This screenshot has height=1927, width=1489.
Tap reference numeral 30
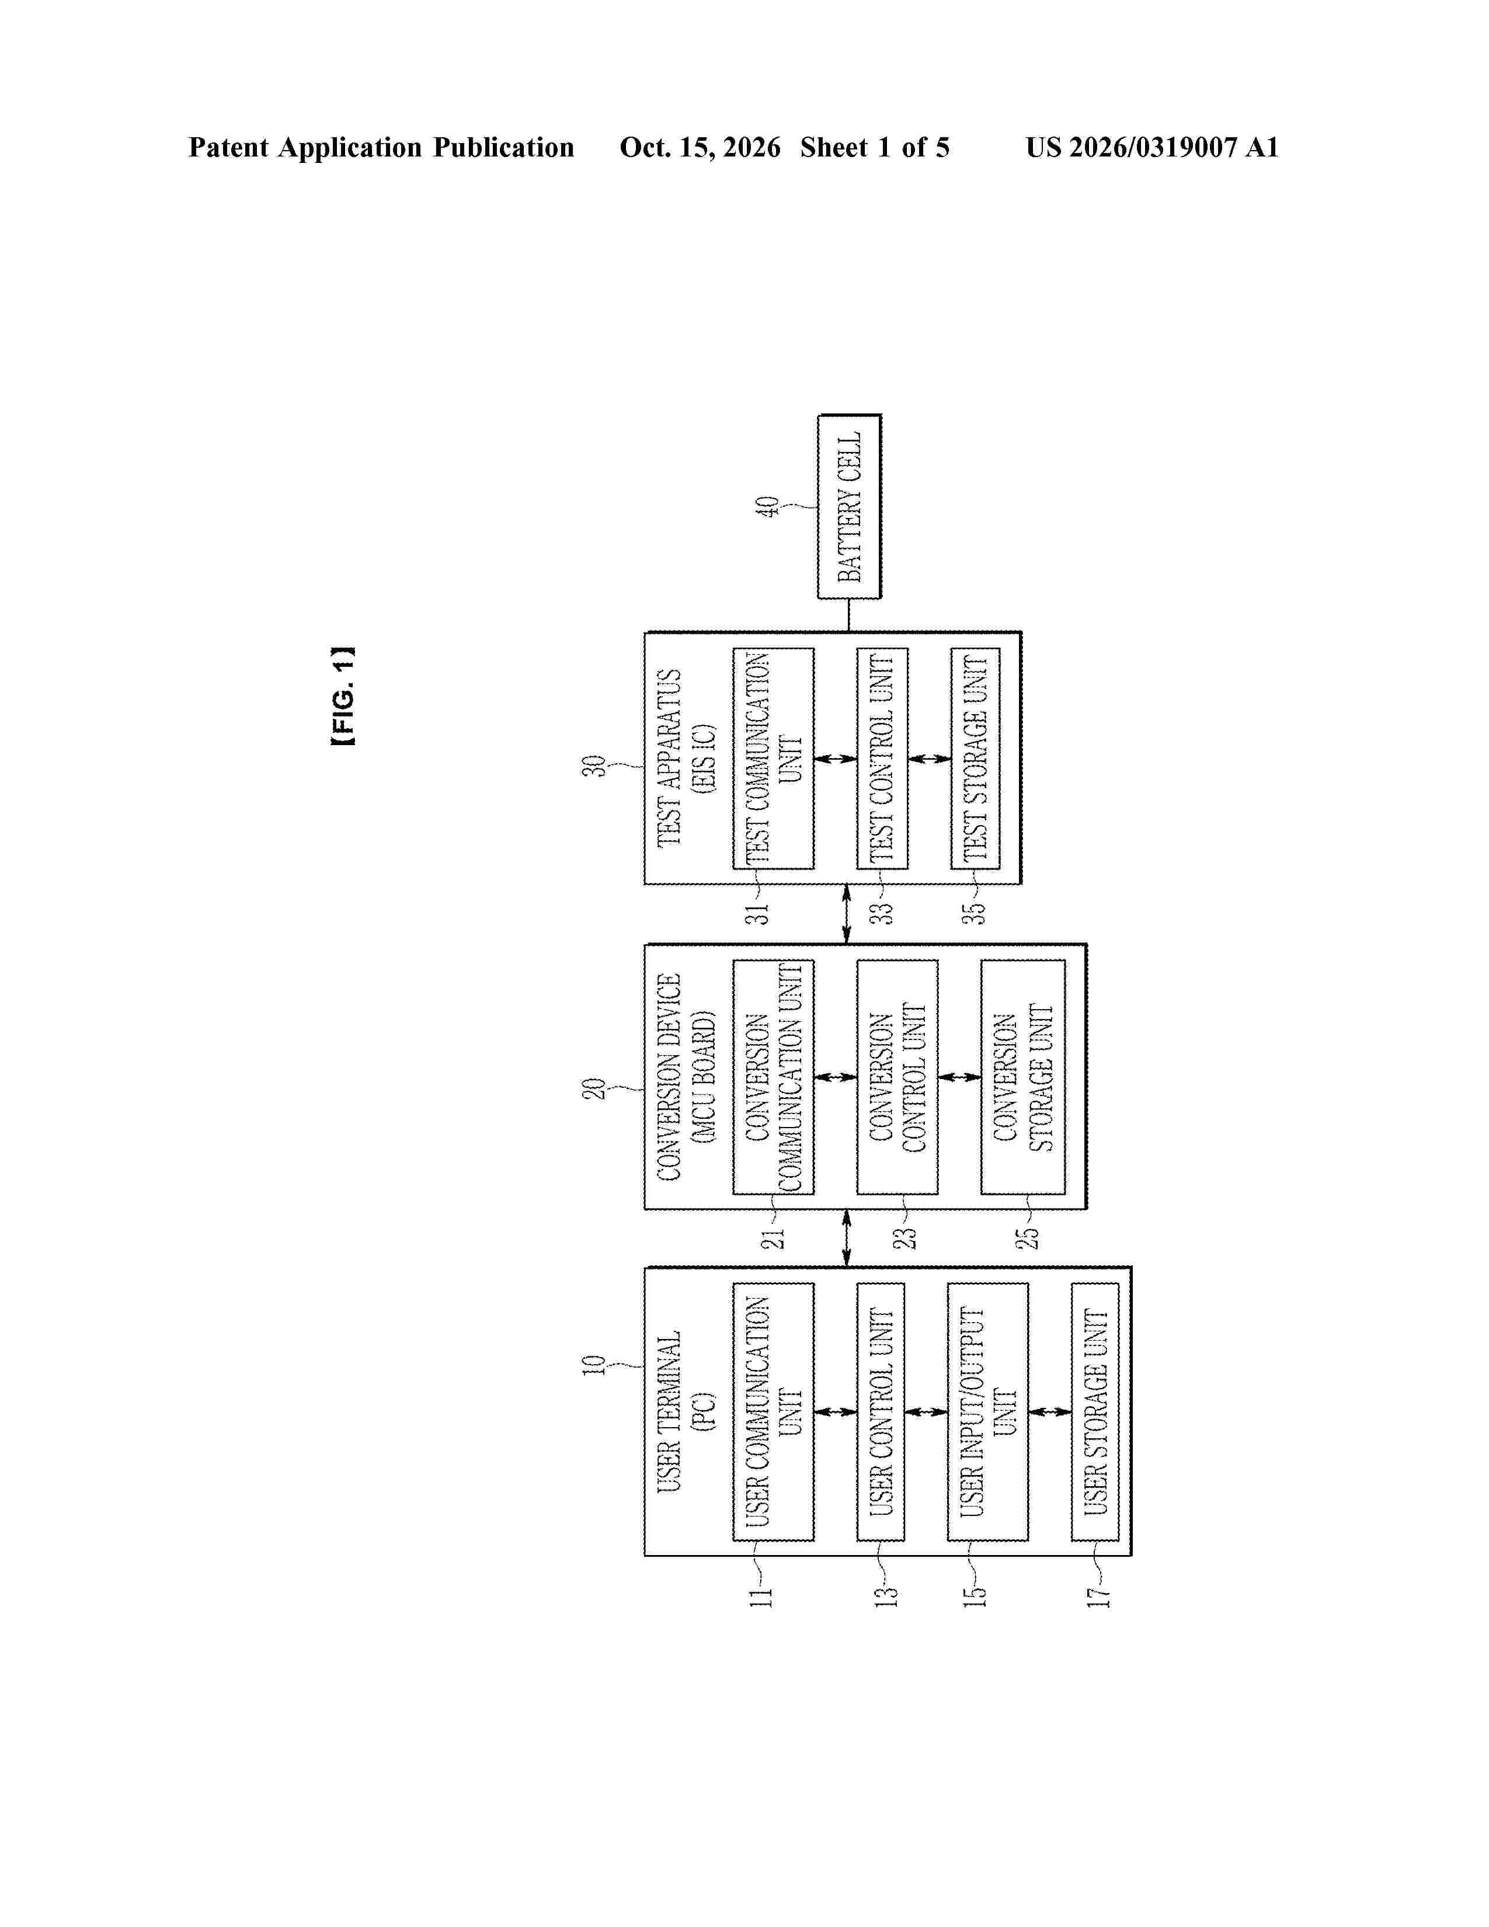(594, 765)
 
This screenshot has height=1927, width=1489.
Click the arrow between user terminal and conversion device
(847, 1238)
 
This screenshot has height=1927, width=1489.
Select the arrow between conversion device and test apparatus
(847, 914)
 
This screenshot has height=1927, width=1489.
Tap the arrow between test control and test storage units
(930, 759)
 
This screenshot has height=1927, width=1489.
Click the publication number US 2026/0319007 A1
(1152, 147)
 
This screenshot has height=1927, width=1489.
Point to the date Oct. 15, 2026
(700, 147)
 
